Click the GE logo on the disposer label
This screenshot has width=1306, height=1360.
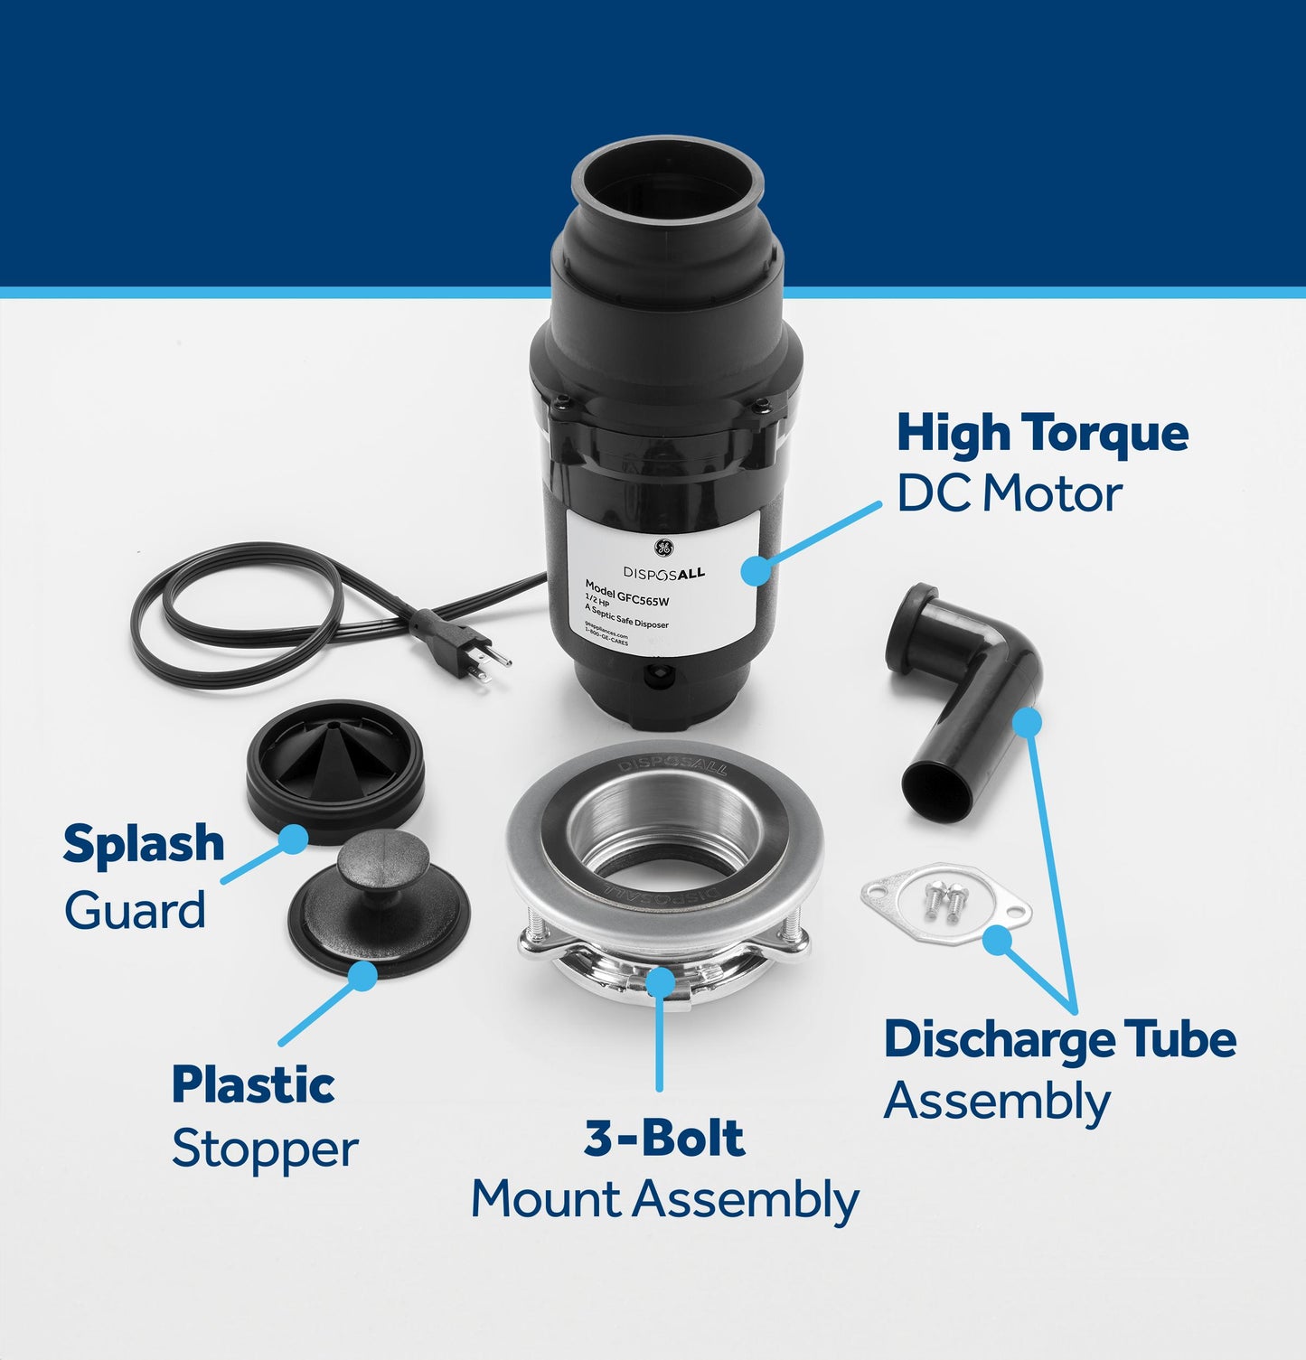coord(662,549)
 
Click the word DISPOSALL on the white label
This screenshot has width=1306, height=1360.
coord(663,573)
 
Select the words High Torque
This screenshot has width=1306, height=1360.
coord(1042,434)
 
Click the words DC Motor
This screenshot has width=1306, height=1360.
coord(1009,494)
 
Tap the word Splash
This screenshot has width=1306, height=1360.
coord(144,844)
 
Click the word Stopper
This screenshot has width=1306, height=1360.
coord(265,1150)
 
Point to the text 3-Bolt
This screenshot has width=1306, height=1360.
coord(664,1139)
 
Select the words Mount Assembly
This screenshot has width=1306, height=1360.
coord(664,1201)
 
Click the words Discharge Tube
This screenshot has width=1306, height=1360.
coord(1059,1039)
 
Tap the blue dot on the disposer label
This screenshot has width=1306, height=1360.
coord(755,570)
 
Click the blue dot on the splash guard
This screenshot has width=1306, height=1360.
coord(292,839)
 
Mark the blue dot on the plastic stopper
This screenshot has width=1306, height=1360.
coord(363,975)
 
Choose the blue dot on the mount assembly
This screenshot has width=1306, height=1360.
coord(661,980)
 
